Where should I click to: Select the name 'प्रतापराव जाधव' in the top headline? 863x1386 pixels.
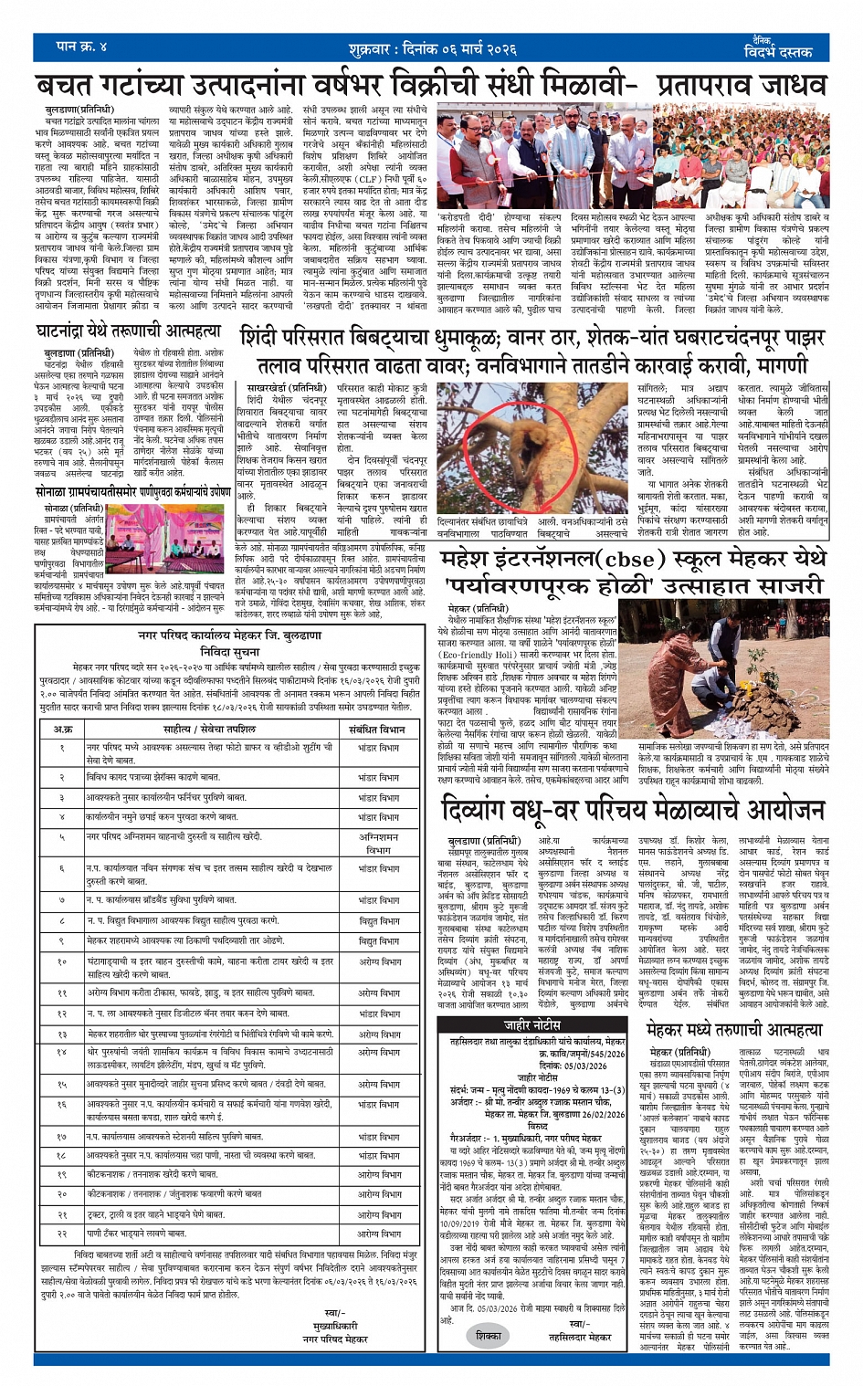pyautogui.click(x=734, y=85)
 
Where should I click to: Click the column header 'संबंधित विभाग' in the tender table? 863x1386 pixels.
pyautogui.click(x=376, y=729)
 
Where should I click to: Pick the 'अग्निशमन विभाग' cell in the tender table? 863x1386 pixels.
pyautogui.click(x=379, y=842)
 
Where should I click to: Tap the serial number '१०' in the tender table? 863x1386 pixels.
pyautogui.click(x=62, y=961)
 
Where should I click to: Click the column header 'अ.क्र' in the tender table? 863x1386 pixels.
pyautogui.click(x=62, y=729)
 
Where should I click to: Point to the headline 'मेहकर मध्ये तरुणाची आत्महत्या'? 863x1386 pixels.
pyautogui.click(x=733, y=1029)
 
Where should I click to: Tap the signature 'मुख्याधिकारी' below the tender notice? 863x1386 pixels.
pyautogui.click(x=335, y=1325)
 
